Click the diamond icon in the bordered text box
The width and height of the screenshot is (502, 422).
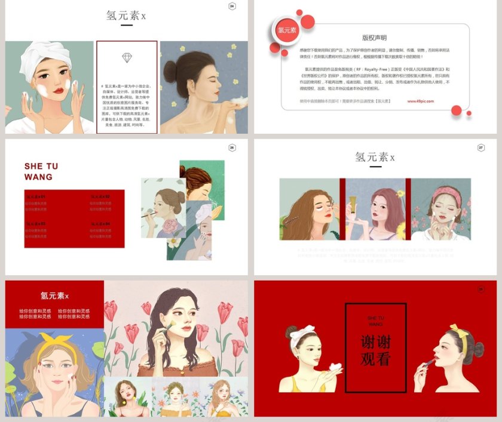[x=127, y=57]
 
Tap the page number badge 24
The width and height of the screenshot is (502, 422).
[x=232, y=7]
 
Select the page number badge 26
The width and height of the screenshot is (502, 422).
[x=232, y=147]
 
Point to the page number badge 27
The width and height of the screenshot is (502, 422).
[x=481, y=147]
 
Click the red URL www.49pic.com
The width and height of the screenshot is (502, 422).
[x=421, y=101]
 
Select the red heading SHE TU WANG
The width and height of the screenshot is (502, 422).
[x=41, y=171]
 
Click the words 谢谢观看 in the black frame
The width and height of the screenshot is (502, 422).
[x=375, y=350]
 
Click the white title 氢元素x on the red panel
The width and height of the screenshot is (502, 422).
[x=54, y=295]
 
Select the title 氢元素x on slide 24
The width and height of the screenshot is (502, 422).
[x=125, y=16]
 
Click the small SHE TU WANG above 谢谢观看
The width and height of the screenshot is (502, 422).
[x=375, y=321]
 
